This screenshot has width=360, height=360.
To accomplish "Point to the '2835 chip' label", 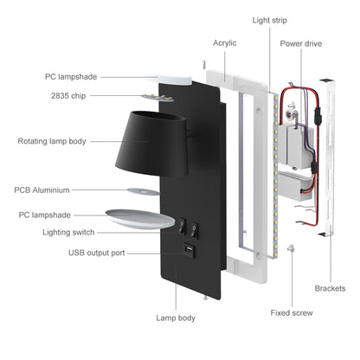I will click(67, 96).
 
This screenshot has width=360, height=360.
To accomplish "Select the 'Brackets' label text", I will click(331, 288).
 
